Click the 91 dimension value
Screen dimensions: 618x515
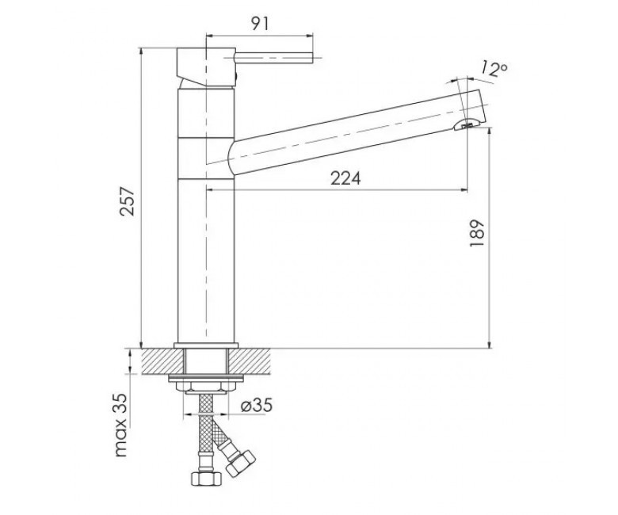(260, 24)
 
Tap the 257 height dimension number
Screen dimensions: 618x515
(128, 201)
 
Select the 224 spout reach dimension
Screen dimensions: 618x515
(345, 178)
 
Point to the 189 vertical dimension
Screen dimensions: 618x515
(476, 233)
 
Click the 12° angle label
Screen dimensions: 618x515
(494, 70)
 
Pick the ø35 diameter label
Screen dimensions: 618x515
(256, 405)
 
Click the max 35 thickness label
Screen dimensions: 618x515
(121, 425)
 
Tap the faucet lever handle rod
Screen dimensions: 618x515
(273, 58)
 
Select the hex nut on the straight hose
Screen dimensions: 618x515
(207, 479)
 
